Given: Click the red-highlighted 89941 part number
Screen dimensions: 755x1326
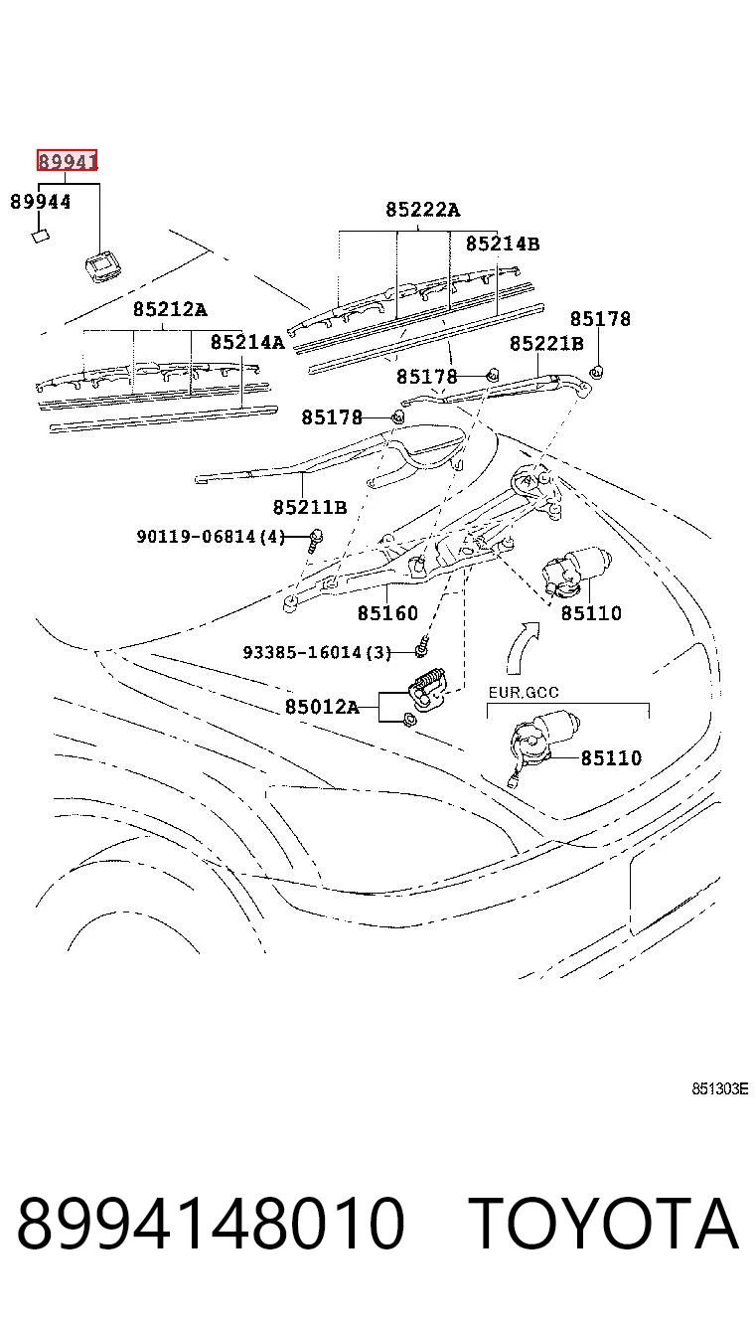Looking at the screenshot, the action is coord(67,160).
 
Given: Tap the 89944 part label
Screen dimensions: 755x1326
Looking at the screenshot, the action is coord(41,202).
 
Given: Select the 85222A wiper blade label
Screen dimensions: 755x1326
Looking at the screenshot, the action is coord(422,210).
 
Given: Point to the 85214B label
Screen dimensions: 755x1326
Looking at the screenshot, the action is coord(503,244).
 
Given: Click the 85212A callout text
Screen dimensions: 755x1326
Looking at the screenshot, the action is coord(170,309).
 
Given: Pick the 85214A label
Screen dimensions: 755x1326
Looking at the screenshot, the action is coord(247,342).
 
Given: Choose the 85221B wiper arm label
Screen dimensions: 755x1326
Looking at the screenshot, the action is coord(546,343).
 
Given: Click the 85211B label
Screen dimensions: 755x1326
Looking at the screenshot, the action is coord(310,507).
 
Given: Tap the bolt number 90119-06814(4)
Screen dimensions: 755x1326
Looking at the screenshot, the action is coord(211,537).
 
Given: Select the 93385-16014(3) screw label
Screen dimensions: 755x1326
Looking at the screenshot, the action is coord(317,652).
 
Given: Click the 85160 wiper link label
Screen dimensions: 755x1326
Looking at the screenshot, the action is coord(387,612).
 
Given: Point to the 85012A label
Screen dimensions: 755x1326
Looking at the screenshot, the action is coord(322,706).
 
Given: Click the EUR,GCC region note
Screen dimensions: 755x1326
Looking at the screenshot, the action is coord(524,692).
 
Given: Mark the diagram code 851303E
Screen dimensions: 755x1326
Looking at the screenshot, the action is coord(719,1088).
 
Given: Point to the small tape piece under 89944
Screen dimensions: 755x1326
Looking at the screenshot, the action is coord(41,237).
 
